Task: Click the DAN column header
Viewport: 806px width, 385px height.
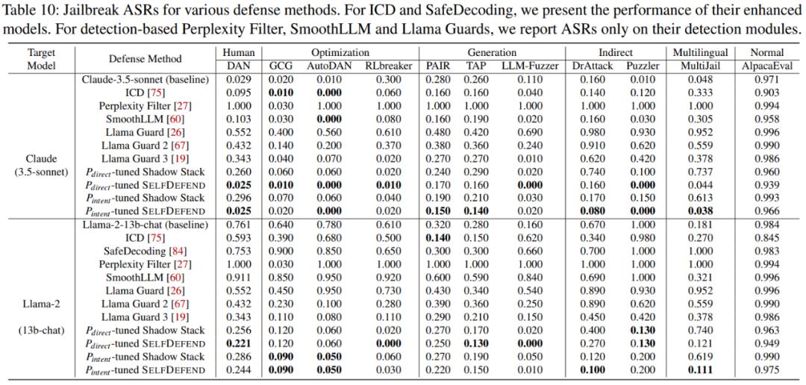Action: [x=239, y=66]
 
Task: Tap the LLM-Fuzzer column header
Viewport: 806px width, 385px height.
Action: [x=530, y=66]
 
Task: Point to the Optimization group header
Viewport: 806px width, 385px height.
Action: [x=340, y=53]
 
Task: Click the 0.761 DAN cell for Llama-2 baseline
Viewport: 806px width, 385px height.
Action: [x=239, y=225]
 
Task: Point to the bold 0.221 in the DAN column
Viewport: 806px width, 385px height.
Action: [x=239, y=343]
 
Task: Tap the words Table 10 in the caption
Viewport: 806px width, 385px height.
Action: [x=28, y=12]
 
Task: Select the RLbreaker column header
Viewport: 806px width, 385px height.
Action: [x=388, y=66]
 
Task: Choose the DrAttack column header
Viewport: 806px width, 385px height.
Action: [x=593, y=66]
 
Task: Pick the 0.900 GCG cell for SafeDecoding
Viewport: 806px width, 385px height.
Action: [x=281, y=251]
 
